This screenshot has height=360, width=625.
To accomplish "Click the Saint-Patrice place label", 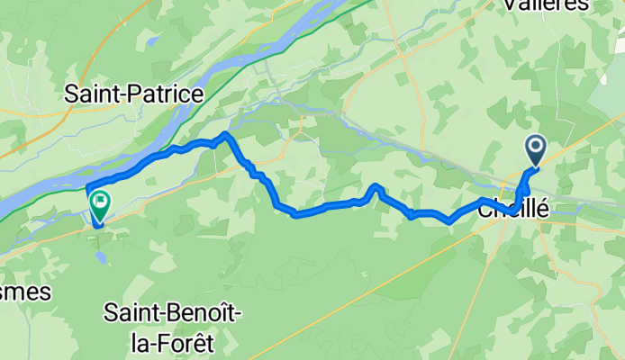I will point(134,93).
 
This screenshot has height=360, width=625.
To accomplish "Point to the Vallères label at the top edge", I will point(553,5).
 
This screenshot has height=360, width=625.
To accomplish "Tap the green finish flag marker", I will point(98,207).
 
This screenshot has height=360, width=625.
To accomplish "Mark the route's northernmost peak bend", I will point(225,135).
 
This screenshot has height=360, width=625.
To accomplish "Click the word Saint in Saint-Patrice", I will point(92,93).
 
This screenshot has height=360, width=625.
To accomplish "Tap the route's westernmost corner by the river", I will point(88,188).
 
